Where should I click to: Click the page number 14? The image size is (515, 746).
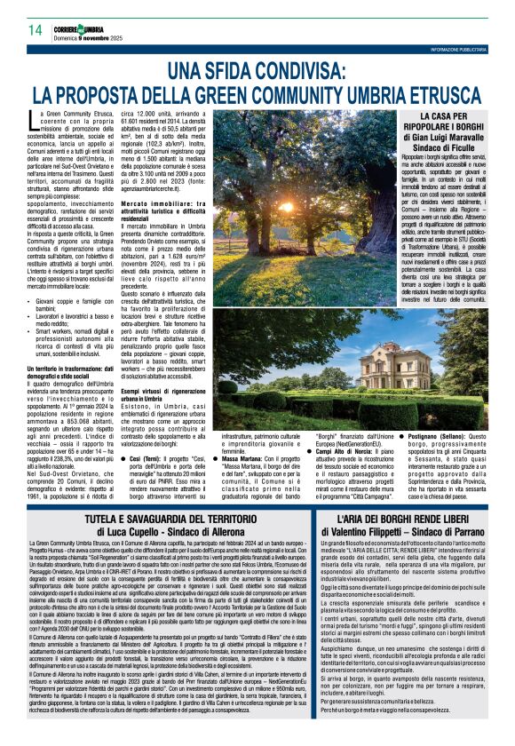pos(36,31)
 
